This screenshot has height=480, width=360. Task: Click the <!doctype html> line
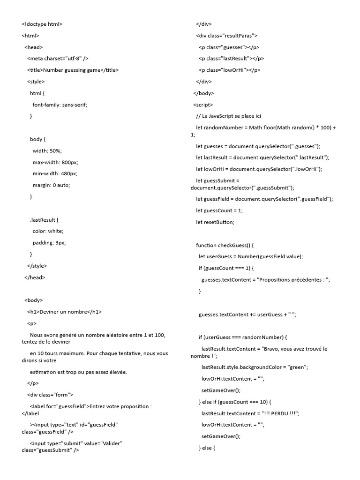(42, 24)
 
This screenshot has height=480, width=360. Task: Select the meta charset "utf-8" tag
(58, 59)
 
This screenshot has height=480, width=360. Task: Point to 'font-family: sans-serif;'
(60, 105)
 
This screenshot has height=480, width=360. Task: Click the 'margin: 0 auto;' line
(51, 185)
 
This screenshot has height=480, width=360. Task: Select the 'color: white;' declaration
(48, 231)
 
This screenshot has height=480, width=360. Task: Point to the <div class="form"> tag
(50, 395)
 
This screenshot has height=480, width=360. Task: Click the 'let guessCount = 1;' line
(219, 210)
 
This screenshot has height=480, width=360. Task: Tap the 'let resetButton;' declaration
(215, 222)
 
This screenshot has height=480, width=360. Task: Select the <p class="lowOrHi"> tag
(229, 70)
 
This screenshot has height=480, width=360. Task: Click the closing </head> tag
(35, 277)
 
